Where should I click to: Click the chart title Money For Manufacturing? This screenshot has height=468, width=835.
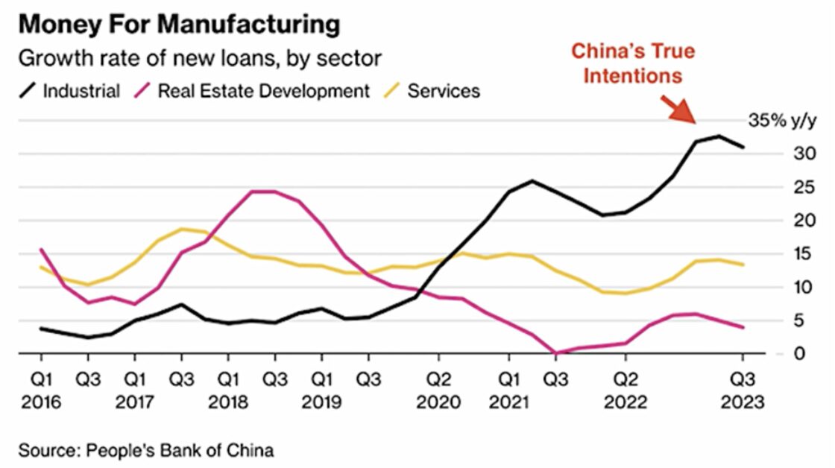tap(179, 24)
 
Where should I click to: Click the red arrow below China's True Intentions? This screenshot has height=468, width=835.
tap(680, 109)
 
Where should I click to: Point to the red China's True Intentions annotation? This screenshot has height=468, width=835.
tap(632, 63)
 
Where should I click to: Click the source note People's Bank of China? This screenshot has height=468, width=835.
tap(146, 450)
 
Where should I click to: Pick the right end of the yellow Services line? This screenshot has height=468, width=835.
tap(743, 265)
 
